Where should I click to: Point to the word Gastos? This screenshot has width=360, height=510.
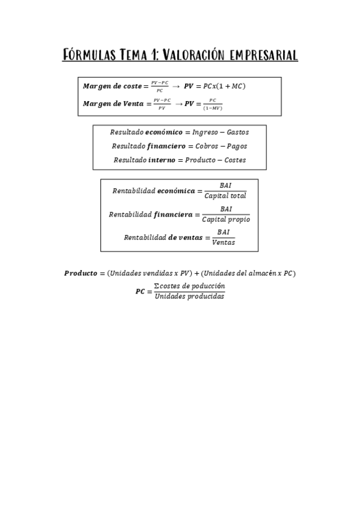[x=238, y=132]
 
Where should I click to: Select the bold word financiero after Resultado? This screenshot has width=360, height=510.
[x=164, y=146]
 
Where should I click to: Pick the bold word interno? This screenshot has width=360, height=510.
[x=162, y=160]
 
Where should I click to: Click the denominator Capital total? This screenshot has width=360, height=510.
[x=225, y=196]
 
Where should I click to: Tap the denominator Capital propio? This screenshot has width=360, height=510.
[x=226, y=220]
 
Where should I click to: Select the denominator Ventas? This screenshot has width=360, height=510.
[x=224, y=242]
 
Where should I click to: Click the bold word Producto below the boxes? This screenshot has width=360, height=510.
[x=80, y=273]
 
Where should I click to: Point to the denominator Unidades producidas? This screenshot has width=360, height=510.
[x=189, y=296]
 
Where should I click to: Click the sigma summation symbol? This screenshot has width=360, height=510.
[x=157, y=286]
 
